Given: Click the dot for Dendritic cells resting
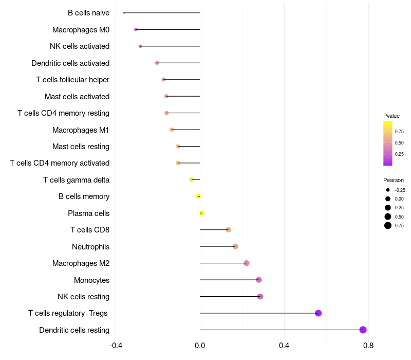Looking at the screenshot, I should [x=363, y=330].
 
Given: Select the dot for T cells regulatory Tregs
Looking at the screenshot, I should [x=318, y=313].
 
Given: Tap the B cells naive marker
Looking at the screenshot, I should [x=124, y=13].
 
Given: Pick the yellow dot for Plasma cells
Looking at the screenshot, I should [x=202, y=213].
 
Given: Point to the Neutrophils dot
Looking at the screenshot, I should [x=235, y=246].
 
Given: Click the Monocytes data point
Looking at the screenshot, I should [x=259, y=280].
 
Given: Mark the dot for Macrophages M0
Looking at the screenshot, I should [x=136, y=29].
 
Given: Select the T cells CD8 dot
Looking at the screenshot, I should [x=228, y=230].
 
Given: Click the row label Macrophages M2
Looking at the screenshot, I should [x=81, y=263].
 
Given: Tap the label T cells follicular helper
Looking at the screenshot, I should [x=72, y=80].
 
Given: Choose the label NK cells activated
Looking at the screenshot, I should [x=80, y=46].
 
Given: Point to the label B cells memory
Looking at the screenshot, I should [x=84, y=196].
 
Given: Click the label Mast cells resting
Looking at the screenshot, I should [x=81, y=147].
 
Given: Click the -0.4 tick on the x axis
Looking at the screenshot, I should [x=116, y=345].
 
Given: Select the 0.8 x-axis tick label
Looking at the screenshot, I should [x=368, y=345].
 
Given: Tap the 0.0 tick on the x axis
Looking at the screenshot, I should [x=200, y=345].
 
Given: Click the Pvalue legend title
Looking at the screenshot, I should [x=391, y=116].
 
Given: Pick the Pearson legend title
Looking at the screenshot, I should [x=394, y=180].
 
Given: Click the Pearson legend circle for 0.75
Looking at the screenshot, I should [x=388, y=225].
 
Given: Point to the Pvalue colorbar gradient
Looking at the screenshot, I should [x=388, y=143].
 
